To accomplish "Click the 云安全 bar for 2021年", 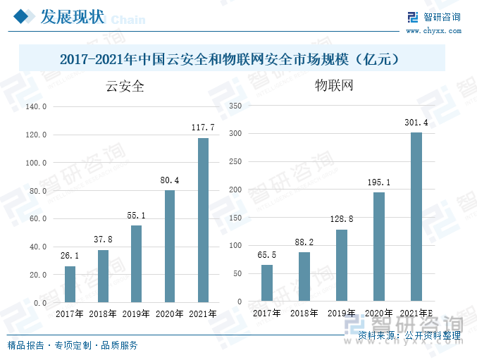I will coord(203,220).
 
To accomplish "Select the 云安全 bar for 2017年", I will coord(70,284).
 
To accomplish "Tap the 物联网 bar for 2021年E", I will coord(416,217).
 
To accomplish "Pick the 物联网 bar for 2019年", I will coord(342,266).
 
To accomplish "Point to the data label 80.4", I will coord(170,180).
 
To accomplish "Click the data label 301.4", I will coord(416,123).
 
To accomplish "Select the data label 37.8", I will coord(103,240).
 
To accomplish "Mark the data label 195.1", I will coord(379,182).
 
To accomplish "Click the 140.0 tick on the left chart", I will coord(36,106).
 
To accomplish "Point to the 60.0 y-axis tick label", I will coord(36,218).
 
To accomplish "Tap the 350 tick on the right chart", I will coord(236,106).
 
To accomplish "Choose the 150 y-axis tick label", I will coord(236,218).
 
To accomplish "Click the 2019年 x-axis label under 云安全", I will coord(136,314).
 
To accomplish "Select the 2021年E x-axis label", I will coord(416,313).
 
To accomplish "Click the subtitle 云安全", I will coord(125,87).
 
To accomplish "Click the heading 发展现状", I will coord(73,17).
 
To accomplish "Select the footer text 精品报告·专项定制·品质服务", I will coord(73,345).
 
